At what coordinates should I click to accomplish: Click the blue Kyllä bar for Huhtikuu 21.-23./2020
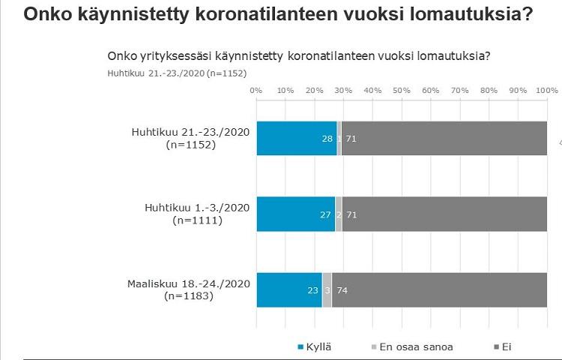coord(296,138)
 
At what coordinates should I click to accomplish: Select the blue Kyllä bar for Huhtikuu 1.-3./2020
coord(295,214)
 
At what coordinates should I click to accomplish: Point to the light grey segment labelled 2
coord(339,214)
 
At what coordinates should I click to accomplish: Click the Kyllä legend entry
coord(315,346)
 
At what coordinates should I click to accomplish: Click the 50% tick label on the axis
coord(402,90)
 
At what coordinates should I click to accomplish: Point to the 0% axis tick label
coord(256,90)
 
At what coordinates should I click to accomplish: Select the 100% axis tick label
coord(546,90)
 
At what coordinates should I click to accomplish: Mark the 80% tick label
coord(489,90)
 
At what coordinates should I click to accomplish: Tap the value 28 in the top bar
coord(327,139)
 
